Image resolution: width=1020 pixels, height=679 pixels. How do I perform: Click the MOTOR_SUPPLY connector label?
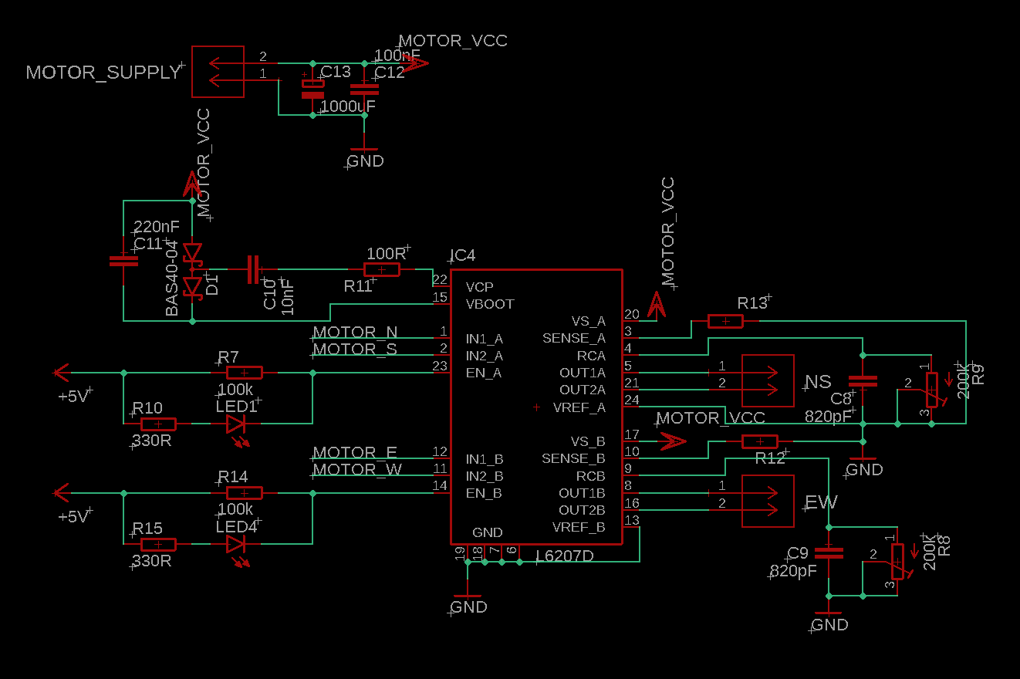pyautogui.click(x=103, y=73)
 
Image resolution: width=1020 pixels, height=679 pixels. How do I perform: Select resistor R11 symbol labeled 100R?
pyautogui.click(x=381, y=269)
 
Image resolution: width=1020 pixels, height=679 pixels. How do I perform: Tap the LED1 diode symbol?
pyautogui.click(x=235, y=424)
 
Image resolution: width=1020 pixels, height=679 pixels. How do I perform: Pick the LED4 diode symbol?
pyautogui.click(x=235, y=545)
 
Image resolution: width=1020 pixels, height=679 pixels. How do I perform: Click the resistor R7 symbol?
pyautogui.click(x=244, y=373)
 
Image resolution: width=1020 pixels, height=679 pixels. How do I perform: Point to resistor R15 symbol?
pyautogui.click(x=157, y=545)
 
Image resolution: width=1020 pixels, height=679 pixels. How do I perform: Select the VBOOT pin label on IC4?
pyautogui.click(x=489, y=304)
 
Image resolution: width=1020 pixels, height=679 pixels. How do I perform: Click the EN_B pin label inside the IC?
pyautogui.click(x=484, y=492)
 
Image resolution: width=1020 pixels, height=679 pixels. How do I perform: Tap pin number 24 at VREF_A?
pyautogui.click(x=632, y=400)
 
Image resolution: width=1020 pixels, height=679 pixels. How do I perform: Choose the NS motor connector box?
pyautogui.click(x=767, y=380)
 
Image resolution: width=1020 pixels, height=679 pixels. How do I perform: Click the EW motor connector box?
pyautogui.click(x=767, y=501)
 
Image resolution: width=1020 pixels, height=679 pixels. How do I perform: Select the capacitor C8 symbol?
pyautogui.click(x=863, y=381)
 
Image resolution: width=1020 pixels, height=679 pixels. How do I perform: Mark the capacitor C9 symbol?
pyautogui.click(x=829, y=552)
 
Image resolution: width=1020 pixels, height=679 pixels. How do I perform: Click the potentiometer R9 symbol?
pyautogui.click(x=932, y=389)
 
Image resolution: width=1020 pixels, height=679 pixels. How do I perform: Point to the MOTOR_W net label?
pyautogui.click(x=356, y=469)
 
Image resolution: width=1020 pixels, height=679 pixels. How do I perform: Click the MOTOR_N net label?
pyautogui.click(x=355, y=333)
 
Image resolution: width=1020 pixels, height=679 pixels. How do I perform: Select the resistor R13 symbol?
pyautogui.click(x=725, y=321)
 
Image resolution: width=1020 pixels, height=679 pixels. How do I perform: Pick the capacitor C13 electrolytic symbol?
pyautogui.click(x=312, y=87)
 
